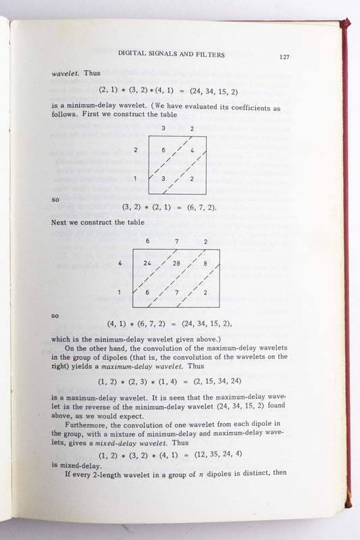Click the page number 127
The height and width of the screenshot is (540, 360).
(284, 57)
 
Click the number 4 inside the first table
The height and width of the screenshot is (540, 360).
(192, 150)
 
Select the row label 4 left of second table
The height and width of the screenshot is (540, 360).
(120, 263)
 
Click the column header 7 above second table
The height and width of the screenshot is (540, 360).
(177, 241)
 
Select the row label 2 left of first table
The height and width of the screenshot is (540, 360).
(136, 149)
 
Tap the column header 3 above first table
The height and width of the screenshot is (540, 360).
(163, 128)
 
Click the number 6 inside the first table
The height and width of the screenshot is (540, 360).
(163, 150)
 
